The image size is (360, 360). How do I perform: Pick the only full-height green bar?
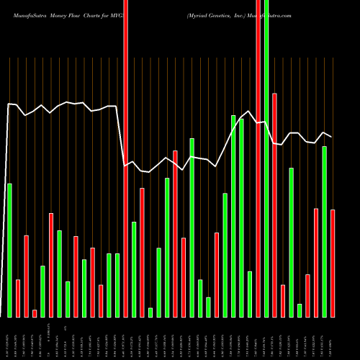point(266,158)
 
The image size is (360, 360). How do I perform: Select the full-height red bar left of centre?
point(125,158)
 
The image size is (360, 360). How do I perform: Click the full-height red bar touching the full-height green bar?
point(258,158)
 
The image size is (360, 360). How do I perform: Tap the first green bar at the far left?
point(9,251)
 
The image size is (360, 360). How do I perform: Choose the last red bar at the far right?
point(333,263)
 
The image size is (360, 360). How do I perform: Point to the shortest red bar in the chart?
point(35,313)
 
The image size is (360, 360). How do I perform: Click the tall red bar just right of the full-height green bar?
point(274,205)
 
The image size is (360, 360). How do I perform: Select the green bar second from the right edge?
point(324,231)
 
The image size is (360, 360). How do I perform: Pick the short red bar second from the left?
point(18,298)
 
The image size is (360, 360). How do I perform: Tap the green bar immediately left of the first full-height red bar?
point(117,285)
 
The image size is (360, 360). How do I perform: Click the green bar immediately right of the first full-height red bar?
point(134,269)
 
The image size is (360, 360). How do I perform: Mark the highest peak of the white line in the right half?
point(248,111)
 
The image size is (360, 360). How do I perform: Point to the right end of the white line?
point(332,136)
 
